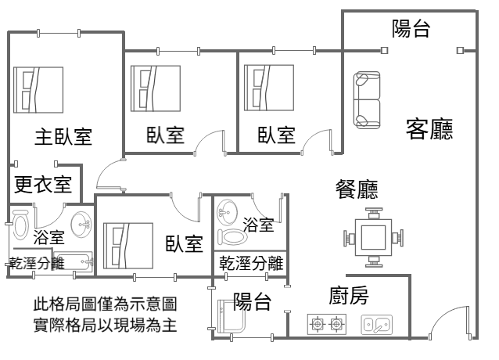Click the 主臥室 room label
point(63,136)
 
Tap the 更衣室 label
point(44,185)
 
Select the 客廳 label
point(429,128)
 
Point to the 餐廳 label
point(356,190)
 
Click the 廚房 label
point(348,296)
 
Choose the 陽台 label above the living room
point(411,30)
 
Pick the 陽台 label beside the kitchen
point(252,299)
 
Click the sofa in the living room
point(367,99)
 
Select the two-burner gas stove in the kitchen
point(328,323)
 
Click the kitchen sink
point(376,323)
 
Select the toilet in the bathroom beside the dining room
point(232,236)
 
